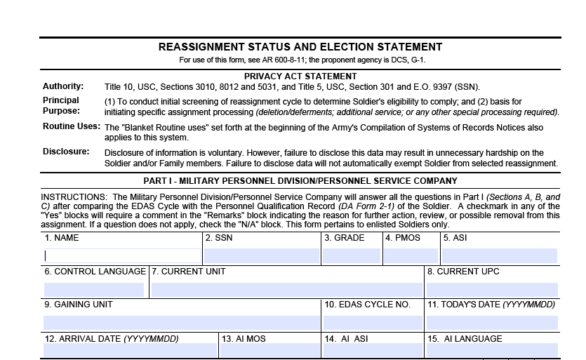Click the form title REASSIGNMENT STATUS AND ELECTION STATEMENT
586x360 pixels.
click(300, 47)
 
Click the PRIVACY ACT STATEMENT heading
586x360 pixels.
click(300, 76)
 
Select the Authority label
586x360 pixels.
click(63, 86)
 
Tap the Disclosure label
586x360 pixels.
click(66, 151)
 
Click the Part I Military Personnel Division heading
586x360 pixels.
click(300, 180)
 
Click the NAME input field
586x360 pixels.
click(122, 256)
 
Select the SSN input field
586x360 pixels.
click(262, 256)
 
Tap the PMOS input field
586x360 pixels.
click(411, 256)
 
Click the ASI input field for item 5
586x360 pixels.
click(499, 256)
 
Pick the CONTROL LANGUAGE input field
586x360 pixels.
click(94, 289)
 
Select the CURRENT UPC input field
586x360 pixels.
click(491, 289)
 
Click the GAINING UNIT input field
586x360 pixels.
click(180, 322)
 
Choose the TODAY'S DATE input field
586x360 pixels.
click(491, 322)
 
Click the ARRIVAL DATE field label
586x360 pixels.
click(112, 338)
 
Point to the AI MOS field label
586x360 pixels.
click(244, 338)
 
